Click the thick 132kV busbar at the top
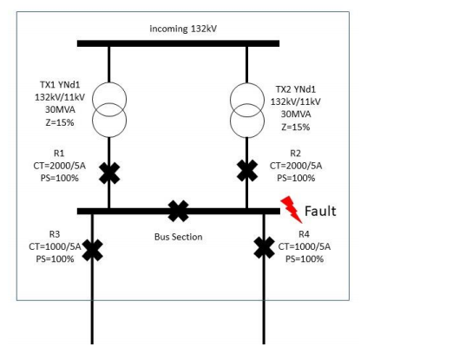[178, 43]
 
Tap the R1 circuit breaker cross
[109, 173]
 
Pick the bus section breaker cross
[178, 210]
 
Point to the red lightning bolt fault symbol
[291, 208]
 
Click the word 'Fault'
[319, 211]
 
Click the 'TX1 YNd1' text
[53, 88]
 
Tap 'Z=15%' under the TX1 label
[53, 124]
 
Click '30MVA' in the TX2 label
[299, 114]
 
